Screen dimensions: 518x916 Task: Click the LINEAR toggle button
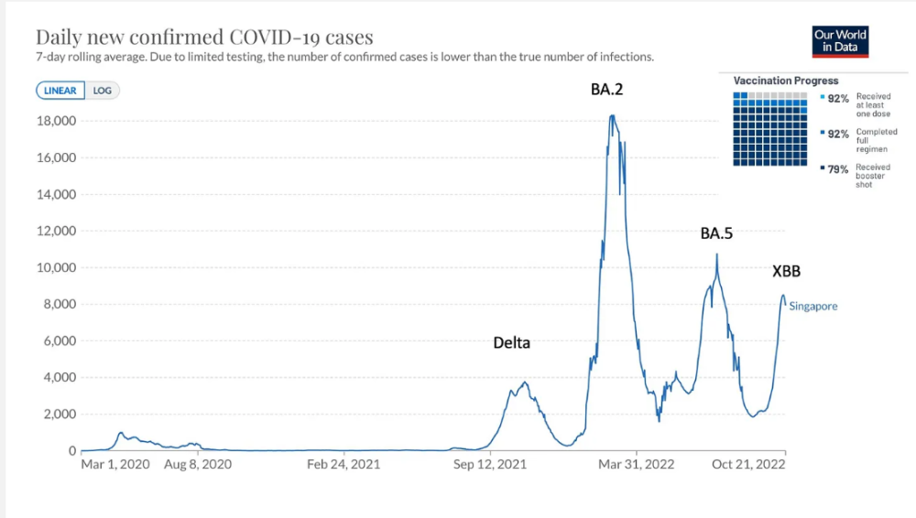pos(61,91)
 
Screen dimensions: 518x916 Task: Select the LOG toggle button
pos(102,91)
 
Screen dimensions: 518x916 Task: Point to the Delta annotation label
pos(511,343)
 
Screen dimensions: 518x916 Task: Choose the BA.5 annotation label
pos(716,233)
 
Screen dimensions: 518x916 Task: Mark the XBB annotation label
pos(786,272)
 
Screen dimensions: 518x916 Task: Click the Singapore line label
pos(813,307)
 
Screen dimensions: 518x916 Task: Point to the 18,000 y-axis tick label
pos(53,121)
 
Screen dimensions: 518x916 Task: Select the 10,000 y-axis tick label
pos(53,267)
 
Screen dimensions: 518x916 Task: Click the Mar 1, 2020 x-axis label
pos(115,464)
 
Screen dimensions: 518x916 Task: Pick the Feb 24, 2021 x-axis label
pos(343,464)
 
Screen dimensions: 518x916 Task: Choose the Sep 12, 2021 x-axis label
pos(490,464)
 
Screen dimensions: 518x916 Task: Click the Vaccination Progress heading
pos(786,81)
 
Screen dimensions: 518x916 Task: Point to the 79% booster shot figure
pos(839,169)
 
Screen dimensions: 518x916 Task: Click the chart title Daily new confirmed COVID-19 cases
pos(204,38)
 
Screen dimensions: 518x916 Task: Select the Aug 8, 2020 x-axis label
pos(198,464)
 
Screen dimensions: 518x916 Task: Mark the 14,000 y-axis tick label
pos(53,194)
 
